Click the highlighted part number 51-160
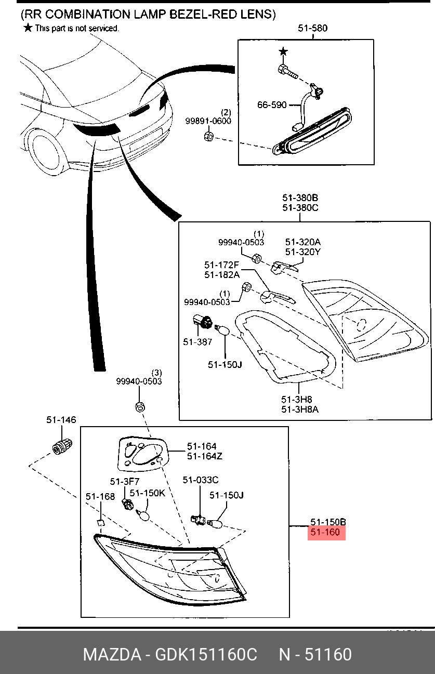point(325,532)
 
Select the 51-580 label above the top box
point(312,28)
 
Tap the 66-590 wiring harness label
point(272,104)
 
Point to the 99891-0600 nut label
point(208,121)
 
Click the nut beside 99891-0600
point(208,136)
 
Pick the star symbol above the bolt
point(283,52)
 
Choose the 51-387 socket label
point(197,342)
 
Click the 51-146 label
point(61,420)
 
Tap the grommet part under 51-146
point(62,447)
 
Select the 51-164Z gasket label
point(205,456)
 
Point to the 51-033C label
point(201,480)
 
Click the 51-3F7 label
point(125,481)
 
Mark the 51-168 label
point(100,496)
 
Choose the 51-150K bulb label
point(148,493)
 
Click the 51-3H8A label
point(300,409)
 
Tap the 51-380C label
point(300,208)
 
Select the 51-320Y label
point(302,252)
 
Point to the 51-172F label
point(221,265)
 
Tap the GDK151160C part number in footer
point(206,654)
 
